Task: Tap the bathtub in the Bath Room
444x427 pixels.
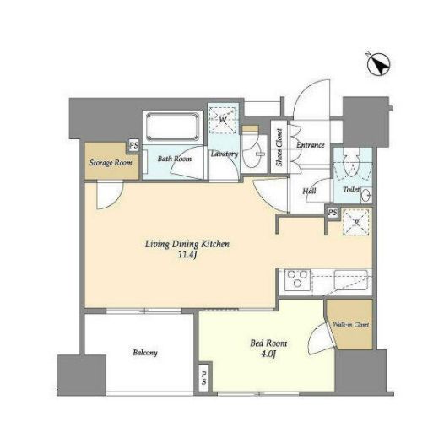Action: pyautogui.click(x=172, y=127)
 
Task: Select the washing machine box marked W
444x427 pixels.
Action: pyautogui.click(x=223, y=120)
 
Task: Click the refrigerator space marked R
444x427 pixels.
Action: pyautogui.click(x=356, y=222)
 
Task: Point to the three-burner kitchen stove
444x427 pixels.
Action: pyautogui.click(x=297, y=280)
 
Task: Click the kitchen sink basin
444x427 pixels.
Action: pyautogui.click(x=351, y=280)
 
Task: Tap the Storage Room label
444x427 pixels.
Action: pyautogui.click(x=111, y=163)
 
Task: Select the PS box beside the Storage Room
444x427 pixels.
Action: pyautogui.click(x=133, y=146)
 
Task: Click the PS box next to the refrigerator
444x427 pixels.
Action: pyautogui.click(x=333, y=213)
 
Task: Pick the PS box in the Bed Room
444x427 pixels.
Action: pyautogui.click(x=204, y=378)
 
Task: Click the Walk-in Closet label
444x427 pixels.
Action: pyautogui.click(x=351, y=325)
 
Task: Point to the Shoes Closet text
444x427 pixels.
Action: pyautogui.click(x=279, y=147)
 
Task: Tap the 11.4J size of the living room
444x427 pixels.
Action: pyautogui.click(x=187, y=255)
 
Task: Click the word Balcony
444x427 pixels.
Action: pyautogui.click(x=145, y=353)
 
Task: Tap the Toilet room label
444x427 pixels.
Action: pyautogui.click(x=351, y=189)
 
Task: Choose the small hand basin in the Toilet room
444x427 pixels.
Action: pyautogui.click(x=367, y=195)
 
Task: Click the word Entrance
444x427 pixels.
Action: pyautogui.click(x=310, y=145)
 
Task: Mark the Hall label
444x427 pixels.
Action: pyautogui.click(x=309, y=191)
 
